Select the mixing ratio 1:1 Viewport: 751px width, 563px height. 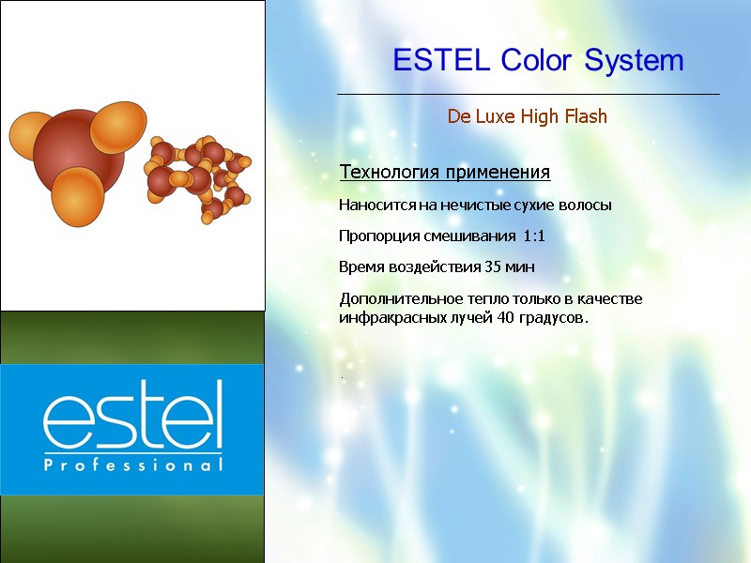[x=534, y=236]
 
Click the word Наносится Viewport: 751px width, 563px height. [x=374, y=205]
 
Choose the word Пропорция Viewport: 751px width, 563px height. [x=375, y=236]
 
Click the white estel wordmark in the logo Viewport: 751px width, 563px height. [x=132, y=416]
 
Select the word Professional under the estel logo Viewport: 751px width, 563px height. [x=132, y=464]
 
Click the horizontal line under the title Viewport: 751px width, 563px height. [x=528, y=95]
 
